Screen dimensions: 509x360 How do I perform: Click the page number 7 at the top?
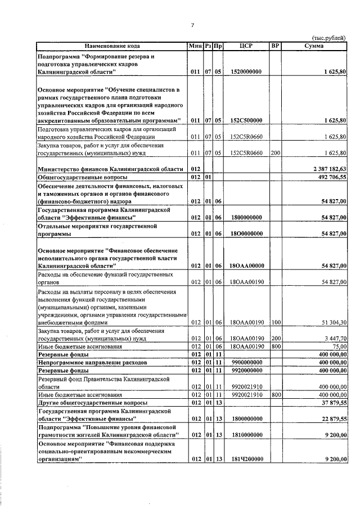point(192,25)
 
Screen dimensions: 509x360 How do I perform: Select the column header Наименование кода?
point(112,46)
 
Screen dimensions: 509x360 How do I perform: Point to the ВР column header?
point(276,46)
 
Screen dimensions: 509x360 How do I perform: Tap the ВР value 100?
point(275,322)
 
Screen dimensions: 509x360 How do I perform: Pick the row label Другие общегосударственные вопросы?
point(92,403)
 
